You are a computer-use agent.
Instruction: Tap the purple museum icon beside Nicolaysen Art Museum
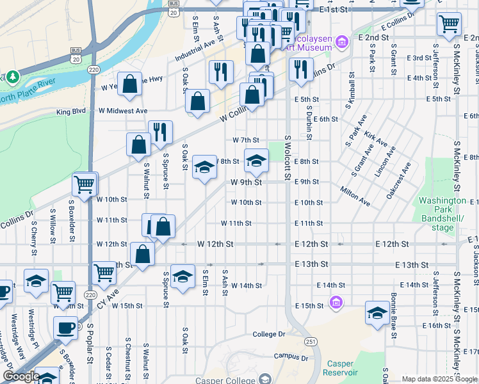pyautogui.click(x=343, y=42)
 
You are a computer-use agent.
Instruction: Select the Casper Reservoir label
pyautogui.click(x=339, y=368)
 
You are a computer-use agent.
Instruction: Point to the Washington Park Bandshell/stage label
pyautogui.click(x=442, y=214)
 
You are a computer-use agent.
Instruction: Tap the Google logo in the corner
pyautogui.click(x=21, y=376)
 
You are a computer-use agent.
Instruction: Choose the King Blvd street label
pyautogui.click(x=70, y=111)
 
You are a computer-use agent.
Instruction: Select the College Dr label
pyautogui.click(x=268, y=334)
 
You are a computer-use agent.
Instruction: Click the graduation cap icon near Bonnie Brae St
pyautogui.click(x=377, y=313)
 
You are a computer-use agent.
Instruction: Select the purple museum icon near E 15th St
pyautogui.click(x=335, y=301)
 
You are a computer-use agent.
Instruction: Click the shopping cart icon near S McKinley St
pyautogui.click(x=449, y=24)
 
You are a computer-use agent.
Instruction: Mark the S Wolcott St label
pyautogui.click(x=288, y=157)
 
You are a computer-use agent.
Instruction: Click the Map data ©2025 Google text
pyautogui.click(x=439, y=379)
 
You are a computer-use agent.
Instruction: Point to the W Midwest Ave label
pyautogui.click(x=122, y=111)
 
